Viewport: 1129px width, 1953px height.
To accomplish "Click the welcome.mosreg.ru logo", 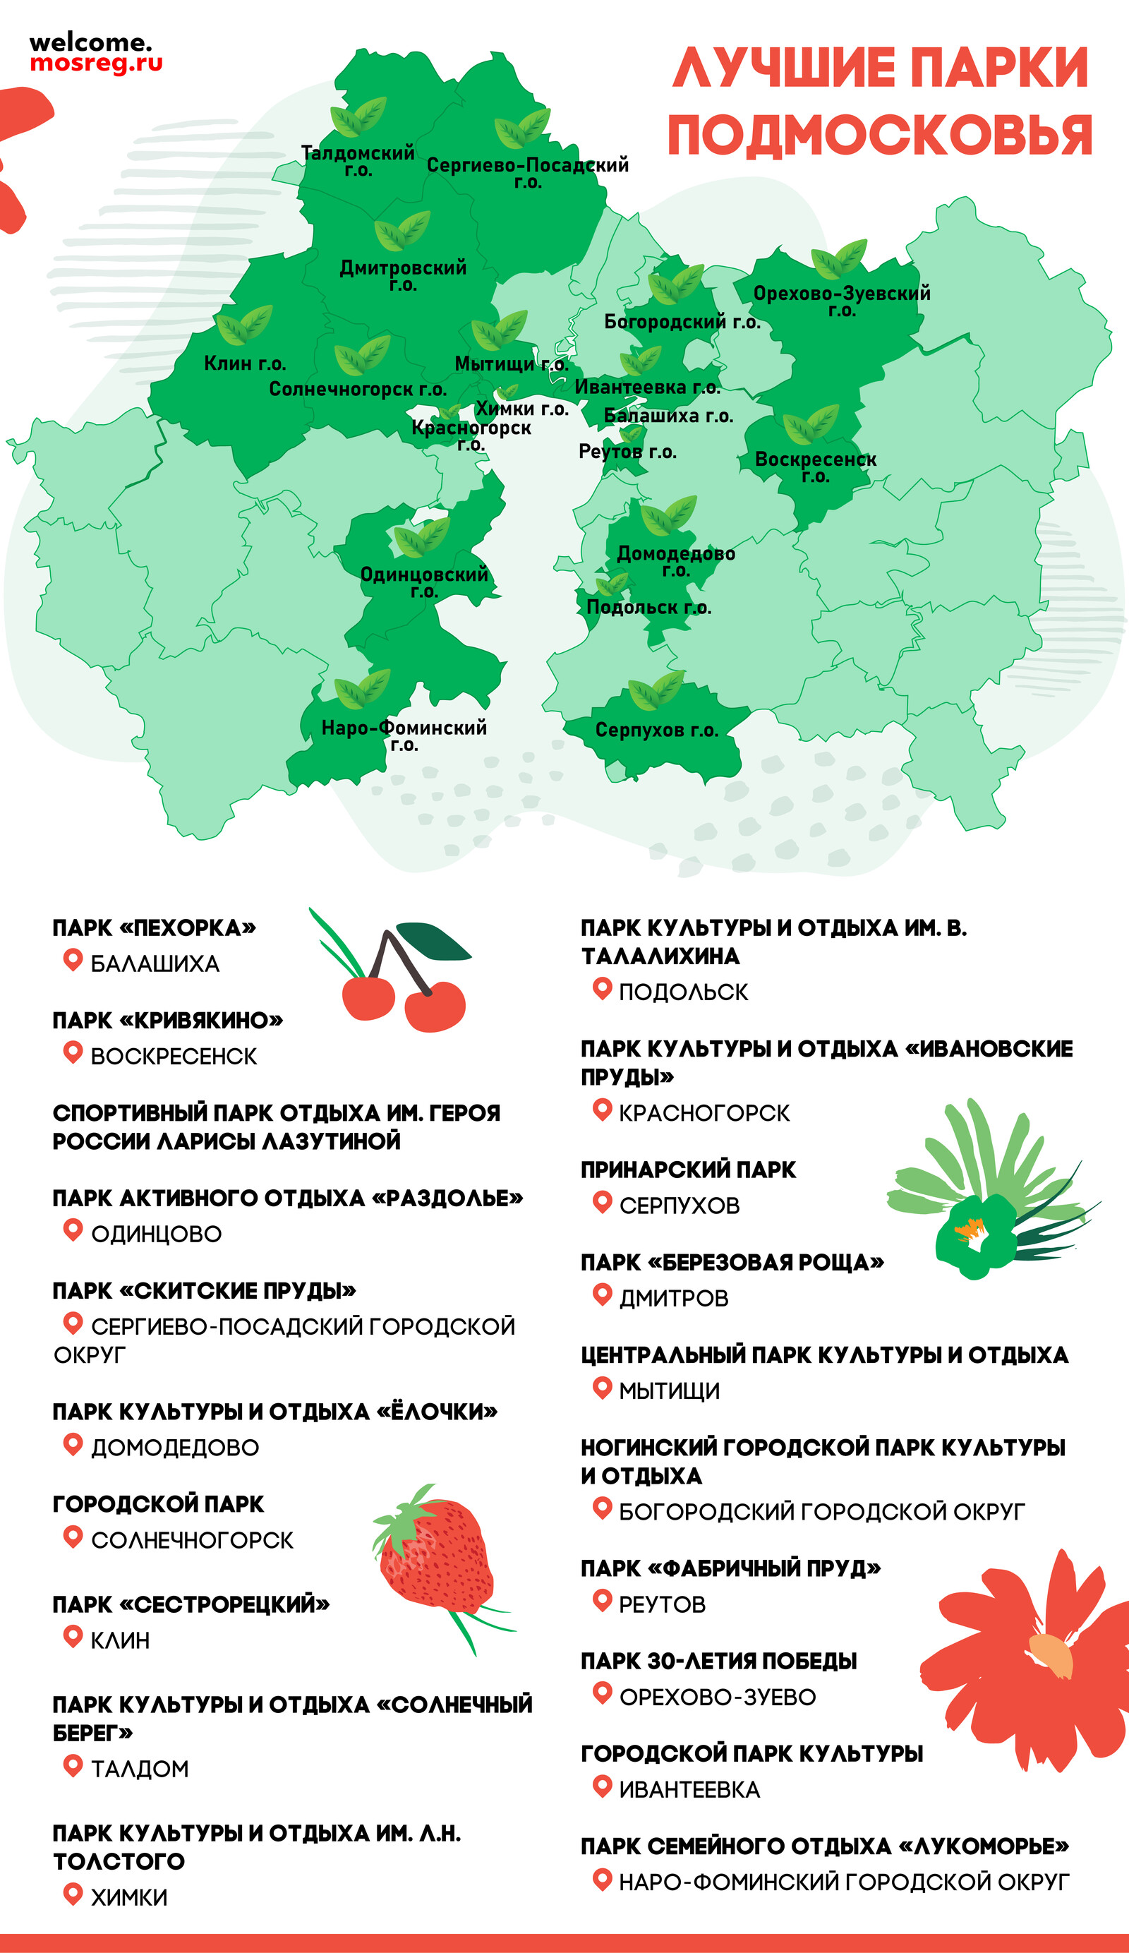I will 95,53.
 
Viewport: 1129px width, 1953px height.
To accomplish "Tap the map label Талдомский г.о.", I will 358,160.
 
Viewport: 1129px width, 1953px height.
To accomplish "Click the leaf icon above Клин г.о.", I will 244,325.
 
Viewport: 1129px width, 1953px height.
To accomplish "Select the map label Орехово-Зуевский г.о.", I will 842,301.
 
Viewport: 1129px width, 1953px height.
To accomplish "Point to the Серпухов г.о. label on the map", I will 656,730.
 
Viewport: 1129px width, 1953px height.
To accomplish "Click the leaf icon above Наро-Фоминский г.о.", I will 362,689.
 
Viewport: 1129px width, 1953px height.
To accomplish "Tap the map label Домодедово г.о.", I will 676,560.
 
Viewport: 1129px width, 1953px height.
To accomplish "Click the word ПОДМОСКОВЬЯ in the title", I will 879,136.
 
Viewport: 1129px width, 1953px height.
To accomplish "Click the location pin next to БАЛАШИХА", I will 73,960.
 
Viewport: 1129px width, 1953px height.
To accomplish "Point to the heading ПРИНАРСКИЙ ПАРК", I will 688,1170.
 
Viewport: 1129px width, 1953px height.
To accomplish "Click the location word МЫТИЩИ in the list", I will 670,1391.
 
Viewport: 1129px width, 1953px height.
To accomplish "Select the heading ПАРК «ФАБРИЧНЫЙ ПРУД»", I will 731,1568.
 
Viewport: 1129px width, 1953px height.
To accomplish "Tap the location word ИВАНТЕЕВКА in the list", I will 689,1789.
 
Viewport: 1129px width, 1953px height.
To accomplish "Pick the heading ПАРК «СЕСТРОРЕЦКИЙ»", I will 191,1604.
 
